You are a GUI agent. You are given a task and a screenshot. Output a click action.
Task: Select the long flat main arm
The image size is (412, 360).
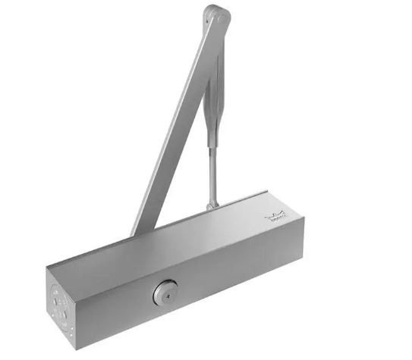(x=171, y=121)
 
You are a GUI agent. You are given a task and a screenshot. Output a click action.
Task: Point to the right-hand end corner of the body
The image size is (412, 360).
(x=291, y=227)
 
